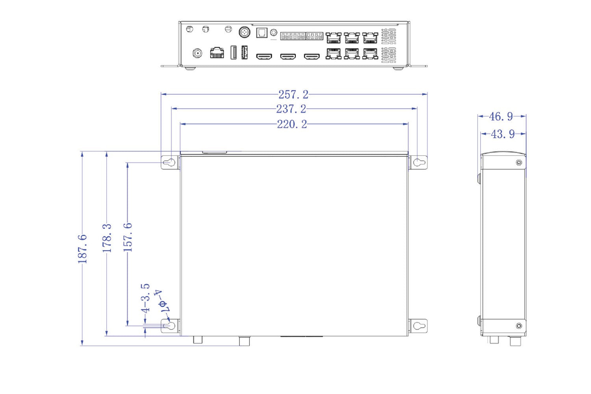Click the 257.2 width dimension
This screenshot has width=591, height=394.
click(294, 95)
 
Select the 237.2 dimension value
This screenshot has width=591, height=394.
click(291, 109)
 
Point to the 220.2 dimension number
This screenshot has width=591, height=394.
click(292, 124)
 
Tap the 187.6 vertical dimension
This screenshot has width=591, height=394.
click(82, 249)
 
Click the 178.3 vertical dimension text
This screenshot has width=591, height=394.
click(107, 238)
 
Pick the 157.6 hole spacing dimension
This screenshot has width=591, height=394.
click(128, 237)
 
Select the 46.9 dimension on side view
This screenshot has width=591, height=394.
click(501, 116)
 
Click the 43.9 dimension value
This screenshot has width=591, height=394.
click(503, 134)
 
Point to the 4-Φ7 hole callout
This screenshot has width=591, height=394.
click(162, 301)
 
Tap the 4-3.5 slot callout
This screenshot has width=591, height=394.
click(145, 298)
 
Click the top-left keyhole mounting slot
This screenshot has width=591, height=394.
click(169, 162)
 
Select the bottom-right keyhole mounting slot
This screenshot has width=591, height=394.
click(419, 326)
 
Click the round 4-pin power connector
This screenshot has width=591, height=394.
click(244, 32)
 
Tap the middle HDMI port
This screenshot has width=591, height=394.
click(288, 56)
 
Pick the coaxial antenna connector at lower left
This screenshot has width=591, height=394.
click(197, 53)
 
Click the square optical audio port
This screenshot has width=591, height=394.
click(262, 33)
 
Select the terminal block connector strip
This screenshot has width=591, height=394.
click(301, 36)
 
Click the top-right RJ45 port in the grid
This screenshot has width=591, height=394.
click(370, 38)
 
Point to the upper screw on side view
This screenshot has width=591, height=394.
click(519, 163)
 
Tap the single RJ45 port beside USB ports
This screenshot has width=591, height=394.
click(217, 53)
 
